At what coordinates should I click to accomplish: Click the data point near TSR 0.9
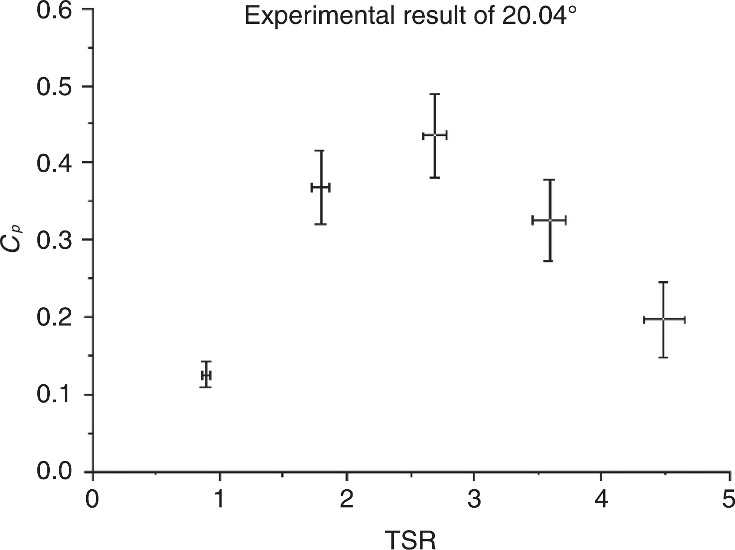coord(206,375)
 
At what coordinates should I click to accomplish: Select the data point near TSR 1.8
coord(321,187)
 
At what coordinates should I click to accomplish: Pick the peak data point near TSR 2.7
coord(435,135)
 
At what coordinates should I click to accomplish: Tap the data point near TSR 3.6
coord(549,220)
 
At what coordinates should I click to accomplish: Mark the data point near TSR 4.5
coord(664,319)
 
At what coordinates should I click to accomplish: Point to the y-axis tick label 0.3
coord(53,240)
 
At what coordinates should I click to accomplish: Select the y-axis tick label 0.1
coord(53,395)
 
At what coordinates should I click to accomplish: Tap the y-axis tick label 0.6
coord(53,11)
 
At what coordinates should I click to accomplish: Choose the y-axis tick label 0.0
coord(53,471)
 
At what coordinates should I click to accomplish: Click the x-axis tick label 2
coord(347,499)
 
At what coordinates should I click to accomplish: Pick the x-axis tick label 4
coord(601,499)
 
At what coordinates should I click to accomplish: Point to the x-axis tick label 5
coord(728,499)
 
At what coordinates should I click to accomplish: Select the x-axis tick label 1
coord(220,499)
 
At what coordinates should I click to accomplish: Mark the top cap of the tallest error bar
coord(435,94)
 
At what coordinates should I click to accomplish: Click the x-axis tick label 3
coord(474,499)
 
